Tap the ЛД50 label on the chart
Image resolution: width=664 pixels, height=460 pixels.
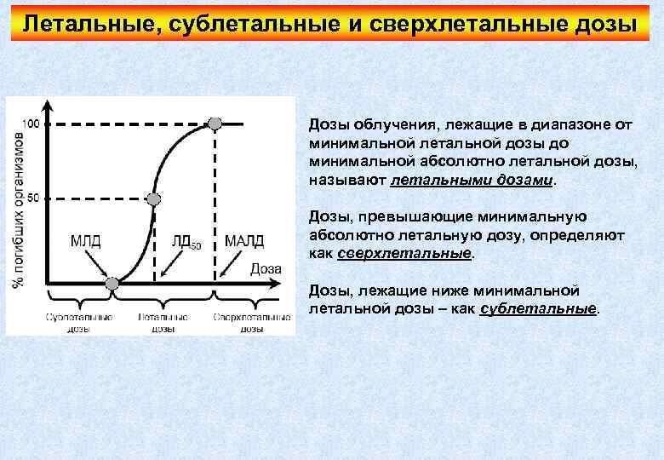pos(185,241)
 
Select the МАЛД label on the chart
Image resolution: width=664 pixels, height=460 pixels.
pos(244,240)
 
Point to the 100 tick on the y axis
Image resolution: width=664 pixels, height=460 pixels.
pos(30,124)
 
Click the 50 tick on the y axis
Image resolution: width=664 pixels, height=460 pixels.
pos(33,198)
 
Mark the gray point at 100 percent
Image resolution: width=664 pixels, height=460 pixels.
pos(215,124)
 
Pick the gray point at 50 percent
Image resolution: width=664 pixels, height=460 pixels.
pos(153,199)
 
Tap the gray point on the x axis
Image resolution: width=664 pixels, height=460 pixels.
pos(111,284)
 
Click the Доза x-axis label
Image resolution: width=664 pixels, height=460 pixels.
pos(266,269)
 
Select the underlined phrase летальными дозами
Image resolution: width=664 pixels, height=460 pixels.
pos(472,181)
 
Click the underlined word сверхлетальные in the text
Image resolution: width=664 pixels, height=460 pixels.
pos(404,254)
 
